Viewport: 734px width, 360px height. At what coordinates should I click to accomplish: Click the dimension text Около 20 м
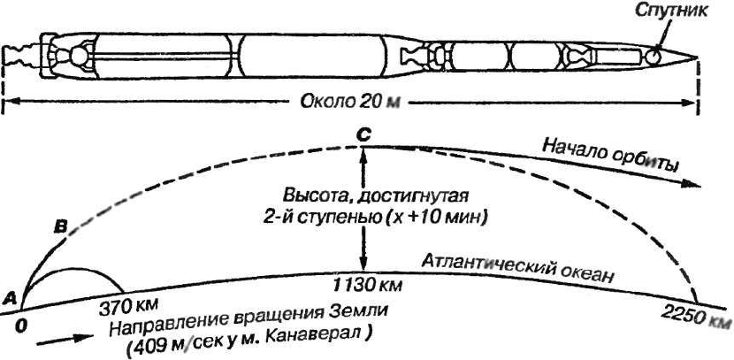point(350,103)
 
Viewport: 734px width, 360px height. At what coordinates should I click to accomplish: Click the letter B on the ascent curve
point(61,229)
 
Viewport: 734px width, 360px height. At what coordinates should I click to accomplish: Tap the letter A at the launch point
point(11,297)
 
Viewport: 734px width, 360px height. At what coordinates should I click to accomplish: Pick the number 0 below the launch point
point(20,325)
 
